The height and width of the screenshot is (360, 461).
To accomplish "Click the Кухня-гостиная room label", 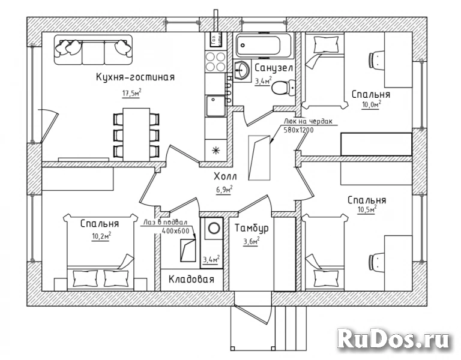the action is pos(135,77).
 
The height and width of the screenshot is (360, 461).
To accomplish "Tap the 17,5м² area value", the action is pos(131,93).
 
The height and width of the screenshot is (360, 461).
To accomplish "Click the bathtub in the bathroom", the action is pos(265,46).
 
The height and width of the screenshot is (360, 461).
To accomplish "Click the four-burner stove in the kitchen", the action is pos(215,61).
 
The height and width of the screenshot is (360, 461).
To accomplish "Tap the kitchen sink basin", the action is pos(215,106).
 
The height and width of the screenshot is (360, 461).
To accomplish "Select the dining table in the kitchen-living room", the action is pos(136,134).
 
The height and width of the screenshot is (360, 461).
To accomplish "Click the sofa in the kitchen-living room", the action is pos(93,50).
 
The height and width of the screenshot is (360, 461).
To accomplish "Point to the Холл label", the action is pos(225,176).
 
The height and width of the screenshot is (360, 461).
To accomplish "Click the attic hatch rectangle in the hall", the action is pos(259,158).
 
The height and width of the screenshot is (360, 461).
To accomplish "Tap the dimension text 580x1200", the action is pos(298,130).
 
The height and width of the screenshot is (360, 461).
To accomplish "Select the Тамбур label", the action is pos(252,229).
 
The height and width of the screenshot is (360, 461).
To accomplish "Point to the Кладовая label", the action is pos(191,279).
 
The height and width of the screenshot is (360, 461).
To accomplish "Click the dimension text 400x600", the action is pos(175,230).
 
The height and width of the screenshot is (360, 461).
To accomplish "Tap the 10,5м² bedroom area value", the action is pos(367,210).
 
